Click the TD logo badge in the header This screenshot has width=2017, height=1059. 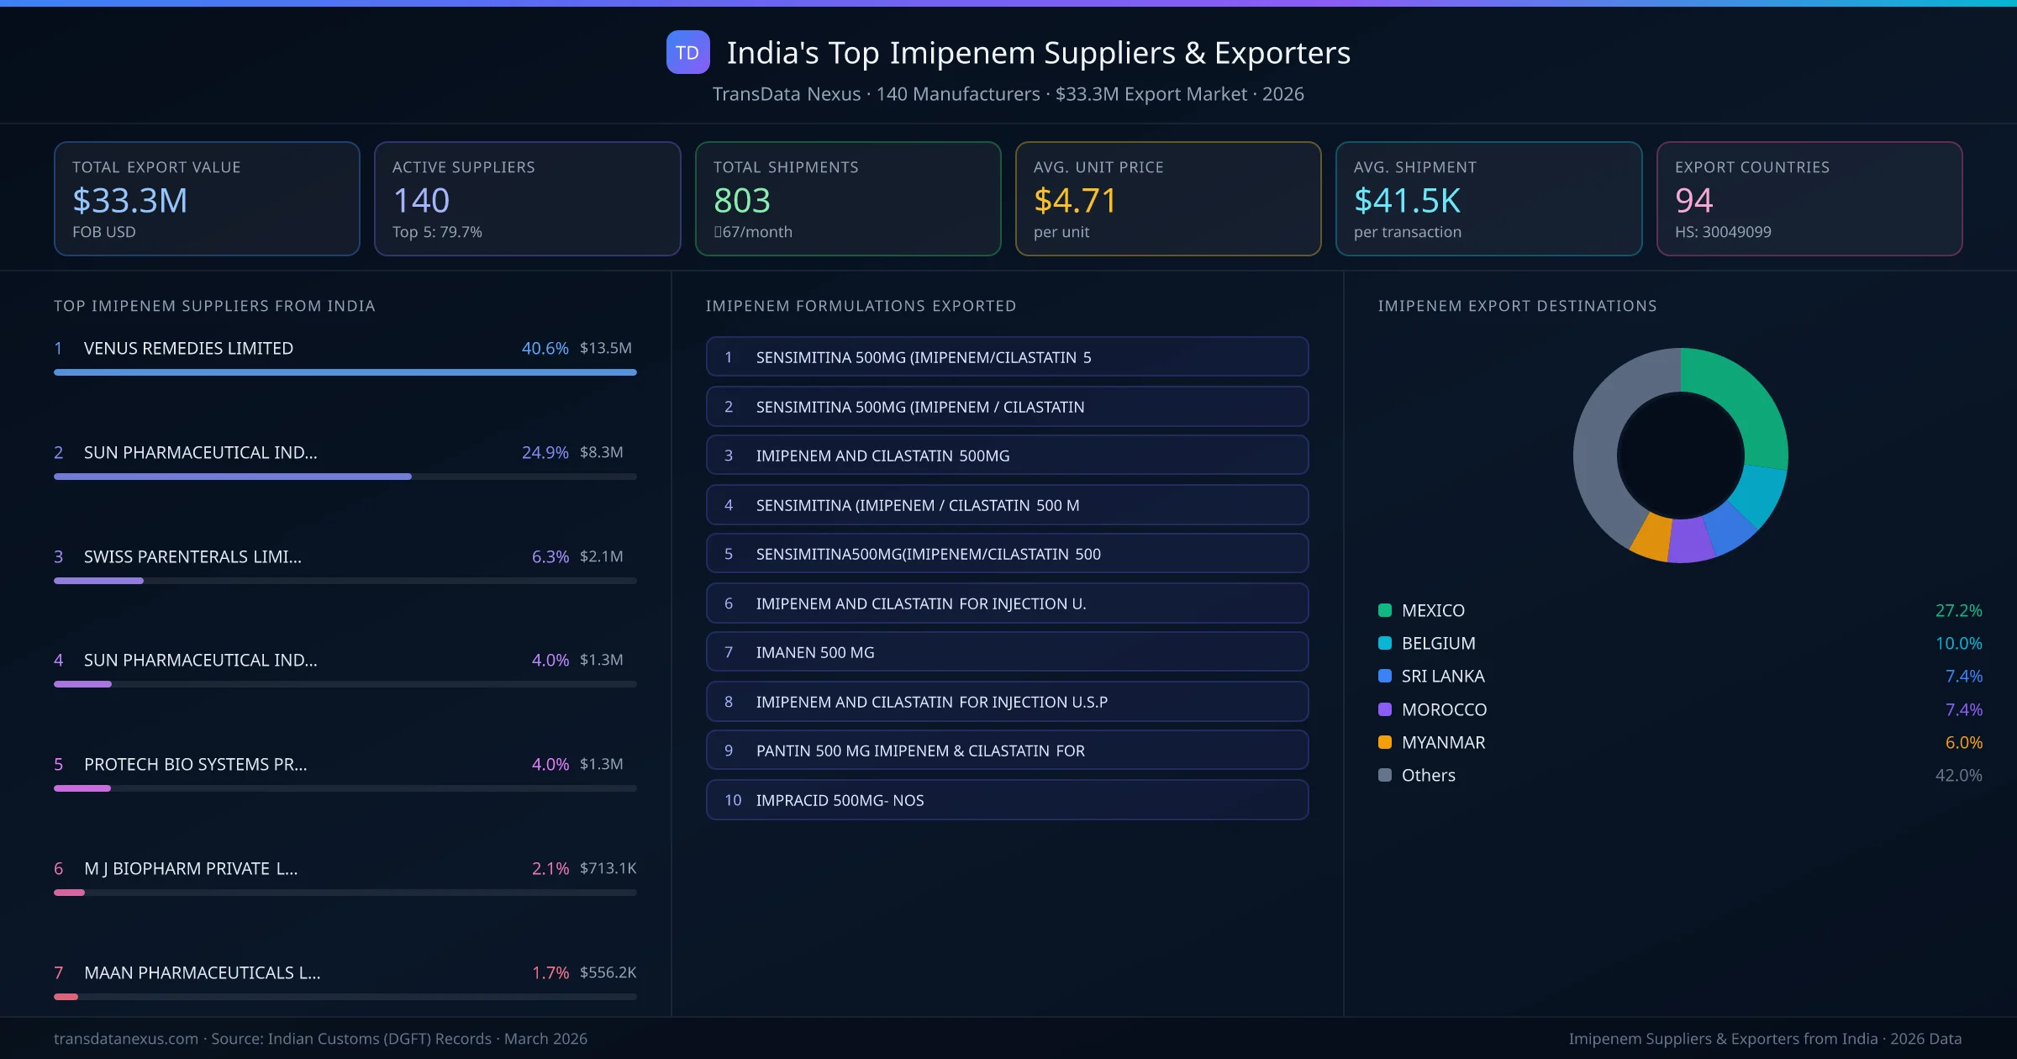coord(687,53)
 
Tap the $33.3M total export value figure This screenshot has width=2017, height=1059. coord(130,201)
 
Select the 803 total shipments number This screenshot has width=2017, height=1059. coord(741,201)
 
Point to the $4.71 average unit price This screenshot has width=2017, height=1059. coord(1075,201)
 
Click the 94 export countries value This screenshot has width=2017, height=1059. coord(1693,201)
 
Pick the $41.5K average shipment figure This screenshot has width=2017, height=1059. coord(1407,201)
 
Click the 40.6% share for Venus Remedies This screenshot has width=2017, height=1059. coord(545,348)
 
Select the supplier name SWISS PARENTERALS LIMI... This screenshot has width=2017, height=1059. coord(192,556)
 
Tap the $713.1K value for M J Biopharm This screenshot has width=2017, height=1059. coord(608,868)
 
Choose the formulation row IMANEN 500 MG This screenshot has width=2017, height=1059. coord(1007,652)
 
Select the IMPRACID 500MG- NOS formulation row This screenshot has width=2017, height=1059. coord(1007,800)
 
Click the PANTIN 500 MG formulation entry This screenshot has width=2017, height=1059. coord(1007,751)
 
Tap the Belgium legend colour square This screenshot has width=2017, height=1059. coord(1385,644)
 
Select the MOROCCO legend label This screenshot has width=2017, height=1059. coord(1444,709)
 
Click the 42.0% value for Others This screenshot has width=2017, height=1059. coord(1958,775)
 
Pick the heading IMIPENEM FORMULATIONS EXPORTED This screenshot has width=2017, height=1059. coord(861,306)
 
